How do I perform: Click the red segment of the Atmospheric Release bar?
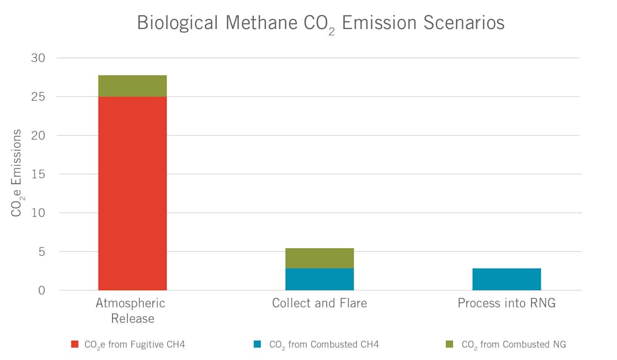click(133, 193)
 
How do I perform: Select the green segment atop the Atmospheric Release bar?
click(133, 86)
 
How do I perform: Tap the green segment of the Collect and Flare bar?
click(320, 258)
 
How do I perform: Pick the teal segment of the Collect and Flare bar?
click(320, 279)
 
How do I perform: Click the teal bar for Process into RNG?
click(507, 279)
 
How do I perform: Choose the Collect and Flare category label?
click(320, 303)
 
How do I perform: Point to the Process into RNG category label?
click(507, 303)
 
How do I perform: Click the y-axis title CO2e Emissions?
click(17, 173)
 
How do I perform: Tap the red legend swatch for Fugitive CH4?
click(75, 345)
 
